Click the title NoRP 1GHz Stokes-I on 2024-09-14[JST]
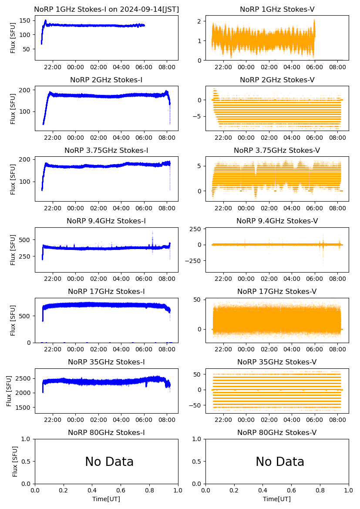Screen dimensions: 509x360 pyautogui.click(x=106, y=9)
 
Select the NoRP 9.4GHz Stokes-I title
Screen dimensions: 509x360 pyautogui.click(x=106, y=221)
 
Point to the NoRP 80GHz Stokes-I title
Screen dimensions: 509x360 pyautogui.click(x=106, y=432)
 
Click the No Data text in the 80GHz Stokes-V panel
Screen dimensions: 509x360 pyautogui.click(x=280, y=462)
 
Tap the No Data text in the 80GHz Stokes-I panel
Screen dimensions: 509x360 pyautogui.click(x=109, y=462)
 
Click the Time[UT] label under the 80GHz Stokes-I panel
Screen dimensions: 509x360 pyautogui.click(x=106, y=499)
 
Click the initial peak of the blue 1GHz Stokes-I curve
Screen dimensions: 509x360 pyautogui.click(x=45, y=20)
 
